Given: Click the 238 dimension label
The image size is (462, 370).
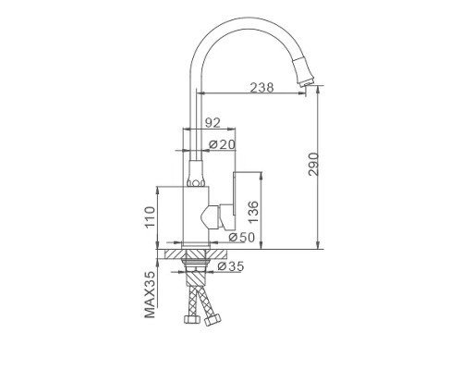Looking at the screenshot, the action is [261, 88].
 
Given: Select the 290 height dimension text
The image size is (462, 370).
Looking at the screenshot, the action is [313, 164].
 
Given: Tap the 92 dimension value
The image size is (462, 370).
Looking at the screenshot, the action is [213, 123].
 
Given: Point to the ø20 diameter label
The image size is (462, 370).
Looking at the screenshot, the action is [222, 144].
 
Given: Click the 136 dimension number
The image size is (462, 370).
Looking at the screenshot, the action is [253, 212].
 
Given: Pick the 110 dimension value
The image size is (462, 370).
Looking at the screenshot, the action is [150, 216].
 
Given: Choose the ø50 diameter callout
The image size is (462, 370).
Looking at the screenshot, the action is [242, 238].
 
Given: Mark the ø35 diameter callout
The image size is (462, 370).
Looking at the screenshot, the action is [230, 266].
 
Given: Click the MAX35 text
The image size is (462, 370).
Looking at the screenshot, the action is [150, 294].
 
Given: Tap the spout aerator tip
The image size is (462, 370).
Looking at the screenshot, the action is [307, 81].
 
